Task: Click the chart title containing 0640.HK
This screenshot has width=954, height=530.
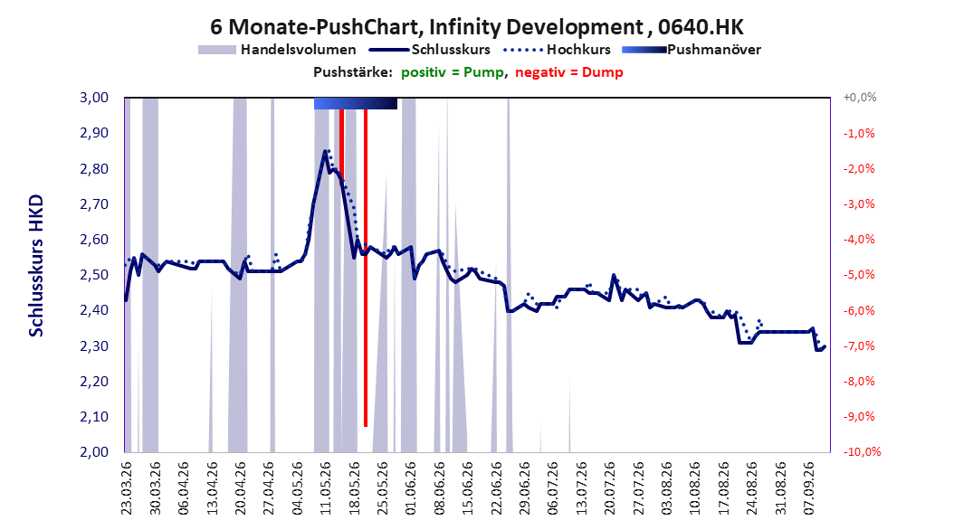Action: [x=477, y=27]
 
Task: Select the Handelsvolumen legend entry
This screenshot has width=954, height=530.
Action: [x=278, y=50]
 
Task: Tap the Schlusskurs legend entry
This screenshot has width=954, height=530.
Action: [x=430, y=50]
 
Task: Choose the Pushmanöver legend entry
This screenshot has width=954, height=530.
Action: [x=692, y=50]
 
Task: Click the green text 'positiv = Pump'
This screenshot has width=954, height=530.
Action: [x=453, y=72]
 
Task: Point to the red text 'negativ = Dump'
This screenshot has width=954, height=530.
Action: [x=569, y=72]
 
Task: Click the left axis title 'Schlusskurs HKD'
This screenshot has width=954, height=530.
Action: [x=36, y=266]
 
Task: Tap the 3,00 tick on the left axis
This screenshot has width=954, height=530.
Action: [x=94, y=98]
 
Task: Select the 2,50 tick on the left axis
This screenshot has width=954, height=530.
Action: [x=94, y=275]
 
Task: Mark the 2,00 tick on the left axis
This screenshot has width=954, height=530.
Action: [x=94, y=451]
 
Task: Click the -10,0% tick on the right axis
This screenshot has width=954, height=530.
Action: [x=862, y=451]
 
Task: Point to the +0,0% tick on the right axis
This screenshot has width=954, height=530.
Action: [x=860, y=98]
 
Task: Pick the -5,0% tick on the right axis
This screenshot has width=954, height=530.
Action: [x=859, y=275]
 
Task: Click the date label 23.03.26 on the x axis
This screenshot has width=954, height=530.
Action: [x=127, y=488]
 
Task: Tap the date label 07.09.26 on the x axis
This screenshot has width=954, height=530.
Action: [x=809, y=488]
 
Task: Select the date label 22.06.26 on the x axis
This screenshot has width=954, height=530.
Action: [x=497, y=488]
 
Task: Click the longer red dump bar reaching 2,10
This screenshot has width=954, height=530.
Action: [x=366, y=268]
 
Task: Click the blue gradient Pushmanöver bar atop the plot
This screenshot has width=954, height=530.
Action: [x=356, y=103]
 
